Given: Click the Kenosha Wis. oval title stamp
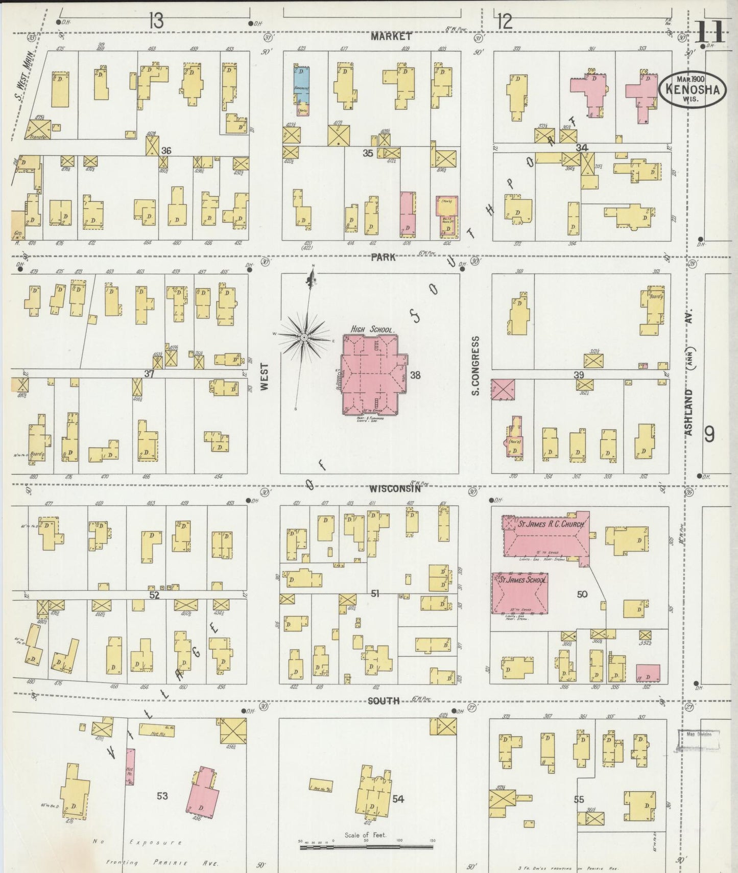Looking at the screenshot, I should click(x=693, y=89).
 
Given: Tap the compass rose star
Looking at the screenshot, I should click(x=304, y=337).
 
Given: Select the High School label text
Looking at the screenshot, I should click(x=372, y=329).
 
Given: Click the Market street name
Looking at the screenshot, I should click(x=391, y=36).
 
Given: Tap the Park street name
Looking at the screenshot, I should click(x=383, y=257).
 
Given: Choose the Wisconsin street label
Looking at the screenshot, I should click(x=395, y=488).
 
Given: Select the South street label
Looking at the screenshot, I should click(x=384, y=700).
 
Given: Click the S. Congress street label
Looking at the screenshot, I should click(x=475, y=365).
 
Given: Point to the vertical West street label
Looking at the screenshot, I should click(x=264, y=376).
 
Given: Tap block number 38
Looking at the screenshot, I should click(x=415, y=375).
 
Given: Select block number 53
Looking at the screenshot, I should click(x=162, y=795).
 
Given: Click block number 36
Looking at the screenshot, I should click(x=166, y=151).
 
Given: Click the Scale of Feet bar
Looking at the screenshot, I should click(x=366, y=846).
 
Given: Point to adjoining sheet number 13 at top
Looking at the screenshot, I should click(x=156, y=21).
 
